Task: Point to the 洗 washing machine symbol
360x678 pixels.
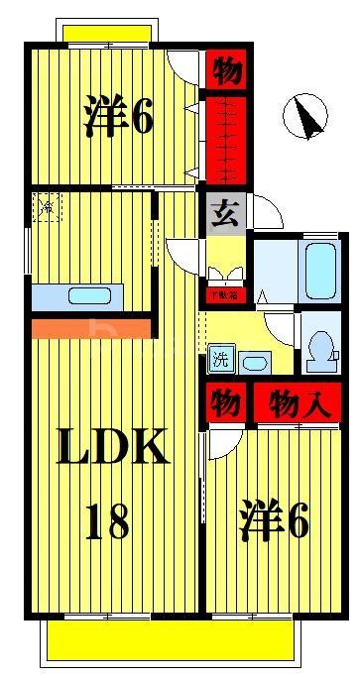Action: [x=217, y=359]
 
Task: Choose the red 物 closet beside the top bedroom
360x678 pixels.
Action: [x=225, y=71]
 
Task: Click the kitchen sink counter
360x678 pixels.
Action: [x=77, y=296]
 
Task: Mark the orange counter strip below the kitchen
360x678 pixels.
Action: [x=89, y=327]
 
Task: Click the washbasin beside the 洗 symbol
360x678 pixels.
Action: [x=254, y=360]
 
